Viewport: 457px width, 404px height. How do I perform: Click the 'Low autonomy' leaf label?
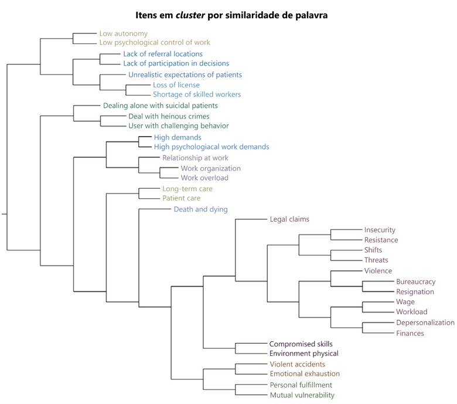pos(123,34)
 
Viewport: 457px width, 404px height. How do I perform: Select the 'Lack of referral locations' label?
pos(163,54)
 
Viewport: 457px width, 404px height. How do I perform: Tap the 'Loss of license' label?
pos(176,85)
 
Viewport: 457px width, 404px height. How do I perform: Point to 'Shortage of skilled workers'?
pos(197,94)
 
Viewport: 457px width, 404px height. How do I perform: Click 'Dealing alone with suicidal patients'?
pos(161,106)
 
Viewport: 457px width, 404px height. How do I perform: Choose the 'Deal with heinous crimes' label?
pos(169,116)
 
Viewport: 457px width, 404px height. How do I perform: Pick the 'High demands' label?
pos(178,137)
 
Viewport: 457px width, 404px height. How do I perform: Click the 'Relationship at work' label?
pos(195,158)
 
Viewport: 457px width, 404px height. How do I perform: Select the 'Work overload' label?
pos(204,178)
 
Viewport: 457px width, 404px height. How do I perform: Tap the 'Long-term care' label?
pos(187,189)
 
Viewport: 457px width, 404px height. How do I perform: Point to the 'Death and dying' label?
pos(200,209)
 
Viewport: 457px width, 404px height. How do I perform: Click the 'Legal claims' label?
pos(289,219)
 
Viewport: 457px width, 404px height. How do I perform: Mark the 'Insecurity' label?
pos(380,230)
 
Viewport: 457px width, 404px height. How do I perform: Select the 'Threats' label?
pos(376,260)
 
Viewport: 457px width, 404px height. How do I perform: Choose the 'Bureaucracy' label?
pos(415,282)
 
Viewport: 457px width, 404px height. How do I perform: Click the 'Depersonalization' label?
pos(425,322)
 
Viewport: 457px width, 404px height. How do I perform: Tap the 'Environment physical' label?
pos(303,354)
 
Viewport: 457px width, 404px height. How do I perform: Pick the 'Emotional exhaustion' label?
pos(305,374)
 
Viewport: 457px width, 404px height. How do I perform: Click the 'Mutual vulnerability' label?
pos(302,395)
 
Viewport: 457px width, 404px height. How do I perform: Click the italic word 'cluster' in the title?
pos(190,15)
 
